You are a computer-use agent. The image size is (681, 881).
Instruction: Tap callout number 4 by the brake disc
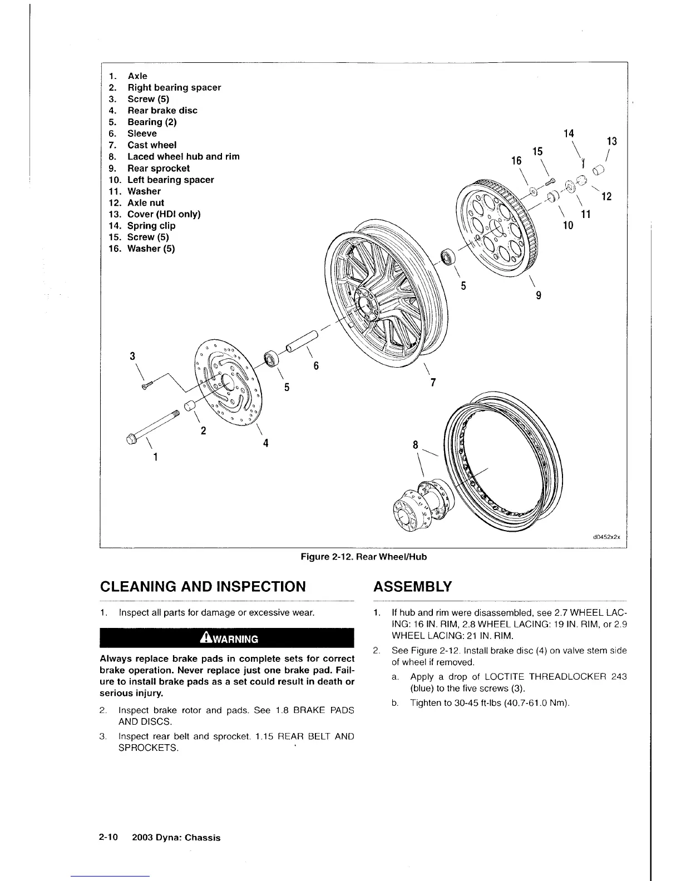click(x=266, y=443)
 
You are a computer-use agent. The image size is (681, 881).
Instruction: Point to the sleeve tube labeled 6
click(x=301, y=342)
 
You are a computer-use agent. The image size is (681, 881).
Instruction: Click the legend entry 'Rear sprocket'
click(x=159, y=169)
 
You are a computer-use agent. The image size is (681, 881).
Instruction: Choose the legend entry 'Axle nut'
click(x=145, y=203)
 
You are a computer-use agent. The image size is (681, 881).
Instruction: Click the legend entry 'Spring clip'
click(x=151, y=226)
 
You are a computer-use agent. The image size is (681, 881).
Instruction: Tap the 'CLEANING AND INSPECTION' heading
click(x=203, y=587)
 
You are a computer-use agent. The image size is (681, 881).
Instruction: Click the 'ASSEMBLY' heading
click(x=412, y=587)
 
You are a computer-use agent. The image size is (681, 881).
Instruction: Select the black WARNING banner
click(x=227, y=639)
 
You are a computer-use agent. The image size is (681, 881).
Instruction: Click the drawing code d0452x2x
click(x=606, y=538)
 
